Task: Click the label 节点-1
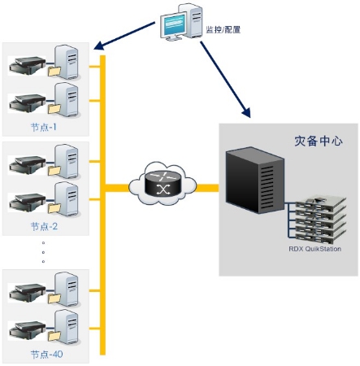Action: pyautogui.click(x=44, y=127)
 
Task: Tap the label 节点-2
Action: pyautogui.click(x=44, y=226)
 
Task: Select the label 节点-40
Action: pyautogui.click(x=46, y=354)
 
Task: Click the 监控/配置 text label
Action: pyautogui.click(x=223, y=29)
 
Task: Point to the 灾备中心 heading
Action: pyautogui.click(x=319, y=141)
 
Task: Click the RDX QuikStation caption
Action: pyautogui.click(x=314, y=249)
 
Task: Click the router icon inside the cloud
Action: pyautogui.click(x=163, y=183)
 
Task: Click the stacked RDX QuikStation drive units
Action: pyautogui.click(x=321, y=220)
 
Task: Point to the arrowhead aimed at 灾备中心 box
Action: pyautogui.click(x=247, y=112)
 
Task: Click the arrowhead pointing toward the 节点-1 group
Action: pyautogui.click(x=98, y=46)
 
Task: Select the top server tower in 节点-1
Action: pyautogui.click(x=67, y=63)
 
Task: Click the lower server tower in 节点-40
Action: pyautogui.click(x=67, y=328)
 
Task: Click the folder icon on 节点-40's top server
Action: pyautogui.click(x=54, y=298)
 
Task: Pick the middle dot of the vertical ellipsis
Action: pyautogui.click(x=43, y=252)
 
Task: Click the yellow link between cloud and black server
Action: pyautogui.click(x=207, y=188)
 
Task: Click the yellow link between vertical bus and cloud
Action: pyautogui.click(x=117, y=188)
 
